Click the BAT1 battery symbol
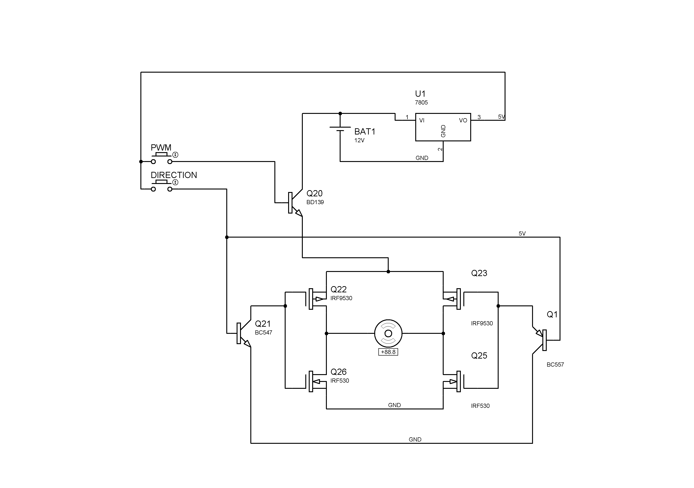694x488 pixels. click(x=340, y=129)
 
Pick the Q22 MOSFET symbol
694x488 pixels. click(x=316, y=299)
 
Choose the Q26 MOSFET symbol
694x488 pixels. click(x=316, y=381)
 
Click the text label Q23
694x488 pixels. click(x=479, y=273)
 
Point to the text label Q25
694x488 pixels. click(x=479, y=356)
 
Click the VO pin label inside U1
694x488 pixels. click(x=463, y=120)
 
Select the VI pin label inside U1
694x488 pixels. click(x=422, y=120)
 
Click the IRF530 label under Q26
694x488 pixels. click(x=339, y=381)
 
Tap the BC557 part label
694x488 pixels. click(x=555, y=365)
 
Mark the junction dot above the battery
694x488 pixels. click(x=340, y=113)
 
